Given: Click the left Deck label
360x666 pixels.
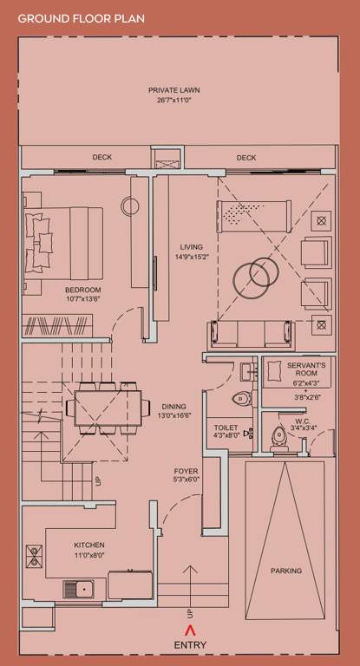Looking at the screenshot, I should (x=102, y=158).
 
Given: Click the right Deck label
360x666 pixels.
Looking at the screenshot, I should (x=246, y=158).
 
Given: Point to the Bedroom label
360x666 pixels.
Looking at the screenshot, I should (x=83, y=289).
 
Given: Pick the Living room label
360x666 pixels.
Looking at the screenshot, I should (x=185, y=246).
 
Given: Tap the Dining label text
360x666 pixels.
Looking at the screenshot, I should (x=173, y=406).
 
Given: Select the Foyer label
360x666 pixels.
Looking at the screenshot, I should (x=187, y=471).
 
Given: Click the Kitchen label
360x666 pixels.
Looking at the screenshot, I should (x=88, y=545).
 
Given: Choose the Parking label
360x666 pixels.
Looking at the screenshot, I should (x=285, y=571).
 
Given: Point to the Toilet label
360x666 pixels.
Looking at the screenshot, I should (x=226, y=428).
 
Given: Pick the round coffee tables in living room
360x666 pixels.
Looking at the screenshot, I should (x=254, y=274).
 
